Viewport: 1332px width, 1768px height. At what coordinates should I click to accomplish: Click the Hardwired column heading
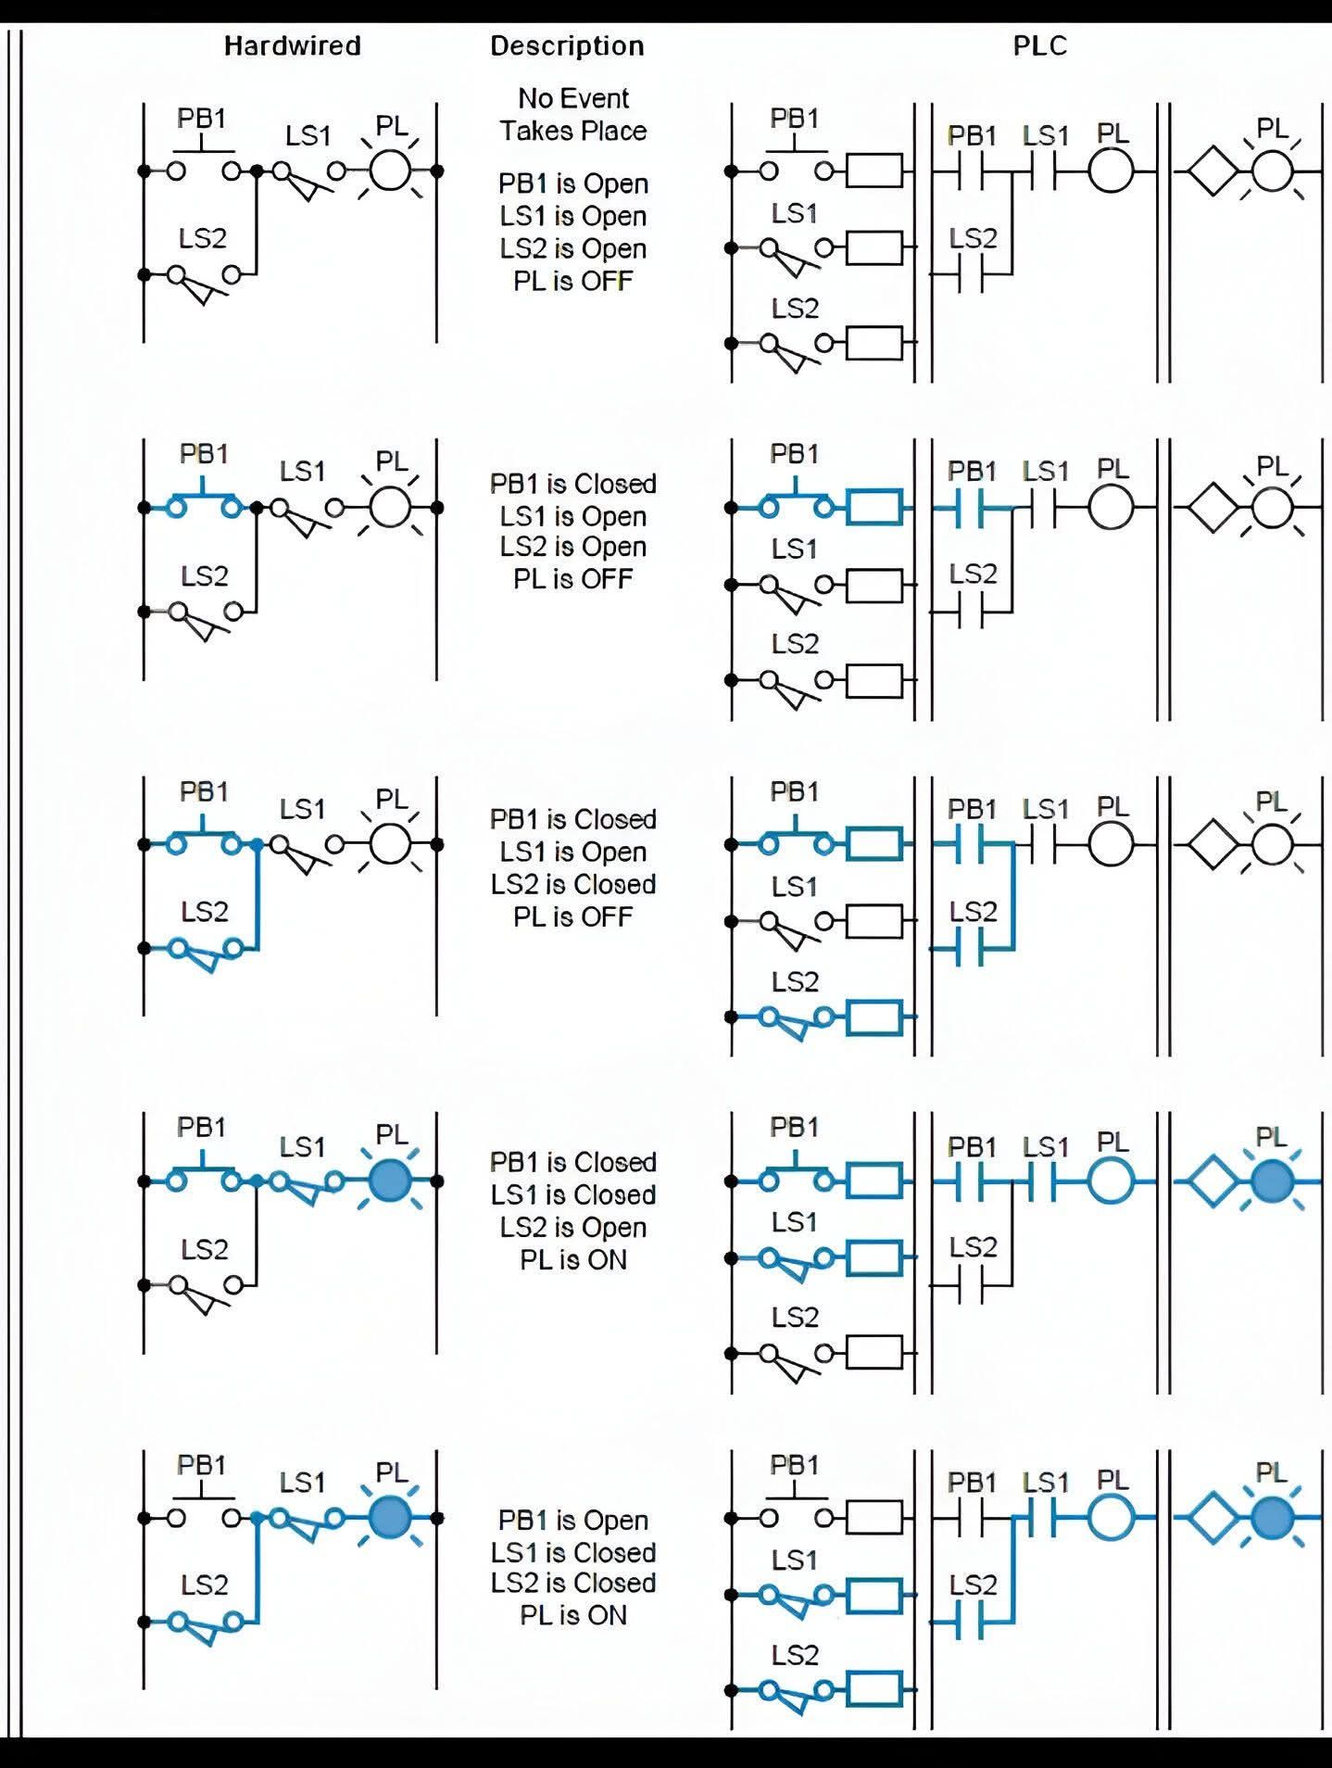click(293, 45)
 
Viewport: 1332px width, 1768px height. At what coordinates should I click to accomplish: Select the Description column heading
click(567, 46)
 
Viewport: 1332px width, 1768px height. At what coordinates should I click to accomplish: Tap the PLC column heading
click(1040, 45)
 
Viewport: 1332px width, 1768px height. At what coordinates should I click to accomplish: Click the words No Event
click(573, 98)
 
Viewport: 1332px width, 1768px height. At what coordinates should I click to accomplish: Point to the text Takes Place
click(573, 131)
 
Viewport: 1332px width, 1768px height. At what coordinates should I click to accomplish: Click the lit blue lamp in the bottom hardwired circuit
click(390, 1518)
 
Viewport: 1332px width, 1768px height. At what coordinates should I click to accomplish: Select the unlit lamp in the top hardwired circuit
click(390, 170)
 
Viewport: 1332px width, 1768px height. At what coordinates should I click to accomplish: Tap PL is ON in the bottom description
click(573, 1615)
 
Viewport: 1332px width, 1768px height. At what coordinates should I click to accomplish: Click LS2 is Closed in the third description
click(573, 884)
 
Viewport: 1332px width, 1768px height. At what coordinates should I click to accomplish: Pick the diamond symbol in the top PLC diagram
click(1213, 171)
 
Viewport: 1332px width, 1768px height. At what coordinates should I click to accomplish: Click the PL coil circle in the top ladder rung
click(1111, 171)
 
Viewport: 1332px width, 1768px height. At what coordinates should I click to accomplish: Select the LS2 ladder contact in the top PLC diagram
click(971, 274)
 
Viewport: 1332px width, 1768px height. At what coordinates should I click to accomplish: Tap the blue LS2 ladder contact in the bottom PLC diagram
click(971, 1622)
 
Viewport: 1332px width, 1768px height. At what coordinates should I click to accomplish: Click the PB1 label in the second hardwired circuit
click(204, 454)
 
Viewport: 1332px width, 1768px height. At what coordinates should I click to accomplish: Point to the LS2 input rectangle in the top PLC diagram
click(874, 343)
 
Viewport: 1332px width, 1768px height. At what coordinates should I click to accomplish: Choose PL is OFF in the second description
click(573, 579)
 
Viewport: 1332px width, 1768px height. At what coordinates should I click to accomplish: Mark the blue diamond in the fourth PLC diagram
click(1213, 1181)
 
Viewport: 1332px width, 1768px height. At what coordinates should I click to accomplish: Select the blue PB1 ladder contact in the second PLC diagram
click(971, 508)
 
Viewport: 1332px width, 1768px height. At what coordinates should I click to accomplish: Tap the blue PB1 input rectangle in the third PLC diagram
click(874, 844)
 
